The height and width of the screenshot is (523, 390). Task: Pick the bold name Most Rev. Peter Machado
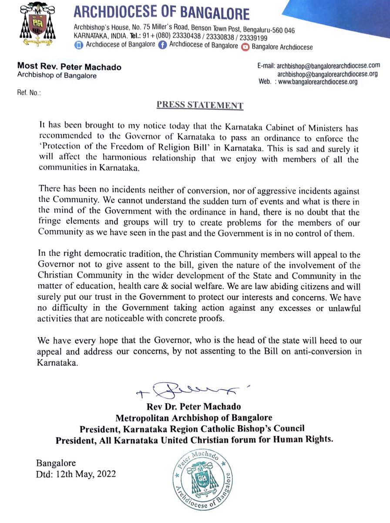(x=69, y=67)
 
